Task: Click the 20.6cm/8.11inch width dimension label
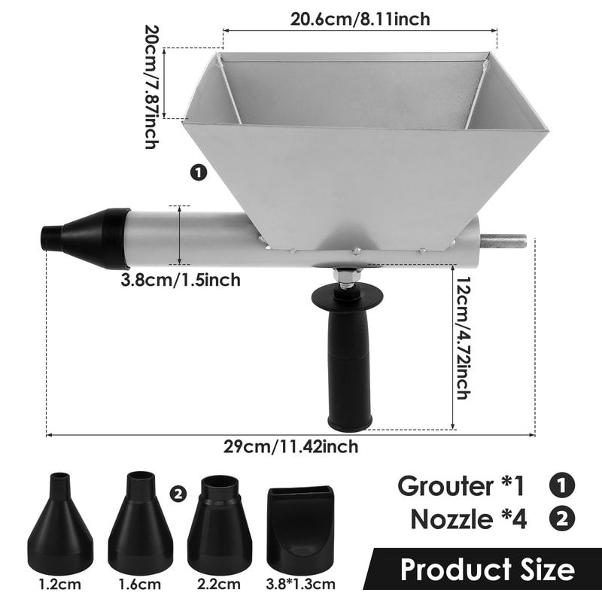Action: tap(360, 19)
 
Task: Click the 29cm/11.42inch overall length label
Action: tap(290, 446)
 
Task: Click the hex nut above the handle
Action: tap(347, 278)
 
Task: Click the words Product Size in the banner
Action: tap(487, 569)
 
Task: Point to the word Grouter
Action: tap(443, 485)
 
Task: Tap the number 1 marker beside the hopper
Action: tap(199, 173)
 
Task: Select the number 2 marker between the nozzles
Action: tap(178, 494)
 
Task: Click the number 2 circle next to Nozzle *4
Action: tap(561, 518)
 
